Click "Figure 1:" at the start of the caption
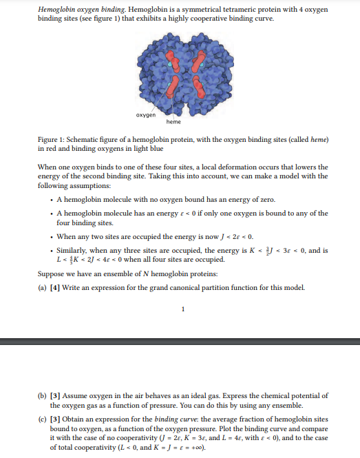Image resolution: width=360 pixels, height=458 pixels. [53, 140]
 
